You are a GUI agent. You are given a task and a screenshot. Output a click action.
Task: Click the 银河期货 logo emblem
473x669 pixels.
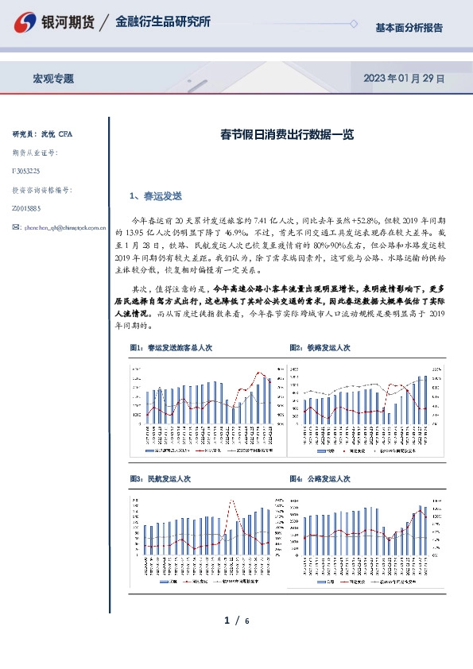click(x=27, y=22)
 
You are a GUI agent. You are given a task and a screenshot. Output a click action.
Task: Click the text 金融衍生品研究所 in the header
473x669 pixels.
click(x=163, y=22)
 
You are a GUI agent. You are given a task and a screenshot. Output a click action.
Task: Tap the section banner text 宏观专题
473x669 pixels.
click(x=53, y=79)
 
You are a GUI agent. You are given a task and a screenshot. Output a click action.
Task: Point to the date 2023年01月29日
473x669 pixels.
click(x=403, y=79)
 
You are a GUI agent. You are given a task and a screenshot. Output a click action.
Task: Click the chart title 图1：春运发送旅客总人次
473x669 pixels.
click(x=170, y=347)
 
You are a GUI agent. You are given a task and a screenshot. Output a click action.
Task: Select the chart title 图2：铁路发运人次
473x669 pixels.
click(x=320, y=347)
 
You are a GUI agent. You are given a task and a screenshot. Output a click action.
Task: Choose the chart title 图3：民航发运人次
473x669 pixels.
click(x=160, y=479)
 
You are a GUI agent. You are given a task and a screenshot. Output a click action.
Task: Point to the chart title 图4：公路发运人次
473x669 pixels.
click(x=320, y=479)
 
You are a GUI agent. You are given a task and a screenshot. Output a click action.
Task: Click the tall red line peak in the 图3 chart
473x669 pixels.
click(x=232, y=501)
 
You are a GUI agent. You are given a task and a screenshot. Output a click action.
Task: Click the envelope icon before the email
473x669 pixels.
click(x=17, y=226)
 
